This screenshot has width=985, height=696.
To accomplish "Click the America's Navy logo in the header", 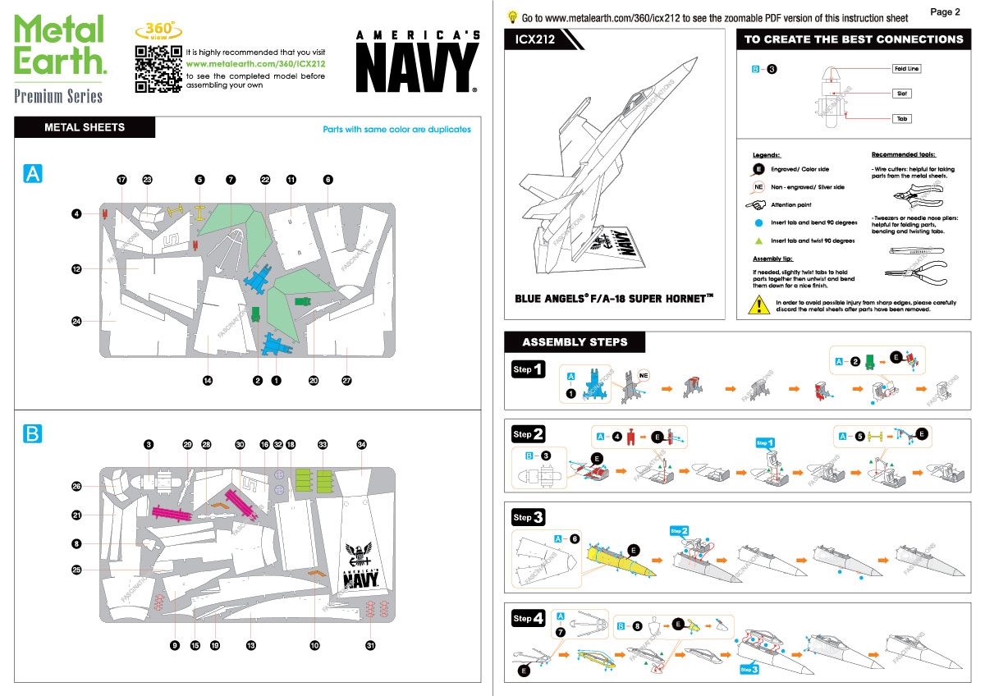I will pyautogui.click(x=418, y=62).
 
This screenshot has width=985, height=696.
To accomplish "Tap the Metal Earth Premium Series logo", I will pyautogui.click(x=60, y=59).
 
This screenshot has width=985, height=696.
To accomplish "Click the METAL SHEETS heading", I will pyautogui.click(x=85, y=127).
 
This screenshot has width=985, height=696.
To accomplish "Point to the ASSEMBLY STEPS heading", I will pyautogui.click(x=575, y=342).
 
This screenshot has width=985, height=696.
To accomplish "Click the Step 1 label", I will pyautogui.click(x=527, y=370).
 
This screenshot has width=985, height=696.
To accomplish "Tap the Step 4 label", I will pyautogui.click(x=527, y=619).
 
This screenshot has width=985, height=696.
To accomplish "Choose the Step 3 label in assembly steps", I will pyautogui.click(x=527, y=517).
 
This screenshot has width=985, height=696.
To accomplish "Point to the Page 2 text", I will pyautogui.click(x=946, y=11).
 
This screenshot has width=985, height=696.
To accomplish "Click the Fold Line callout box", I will pyautogui.click(x=906, y=69).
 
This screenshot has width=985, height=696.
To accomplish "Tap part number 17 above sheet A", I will pyautogui.click(x=121, y=180).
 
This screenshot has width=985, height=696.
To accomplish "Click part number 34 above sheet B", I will pyautogui.click(x=361, y=444).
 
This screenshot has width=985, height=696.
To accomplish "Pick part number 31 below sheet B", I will pyautogui.click(x=370, y=646).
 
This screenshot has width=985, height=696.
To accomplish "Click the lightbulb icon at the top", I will pyautogui.click(x=512, y=16).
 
